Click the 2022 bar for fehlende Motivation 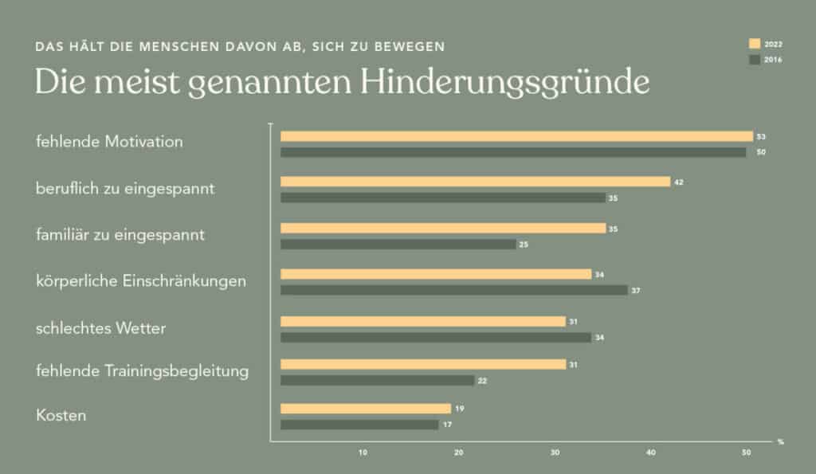point(516,136)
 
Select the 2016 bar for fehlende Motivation point(513,151)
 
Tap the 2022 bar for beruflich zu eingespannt point(475,182)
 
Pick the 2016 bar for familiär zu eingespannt point(398,245)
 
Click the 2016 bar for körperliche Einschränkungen point(453,290)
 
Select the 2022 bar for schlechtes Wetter point(423,321)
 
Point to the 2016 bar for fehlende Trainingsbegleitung point(377,381)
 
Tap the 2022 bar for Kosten point(366,409)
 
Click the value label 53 point(761,136)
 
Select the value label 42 point(679,182)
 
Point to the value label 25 point(524,245)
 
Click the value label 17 point(446,425)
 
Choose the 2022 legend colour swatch point(754,43)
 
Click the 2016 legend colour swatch point(754,59)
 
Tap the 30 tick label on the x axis point(555,453)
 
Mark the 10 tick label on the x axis point(363,453)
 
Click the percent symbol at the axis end point(781,441)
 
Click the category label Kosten point(61,416)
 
